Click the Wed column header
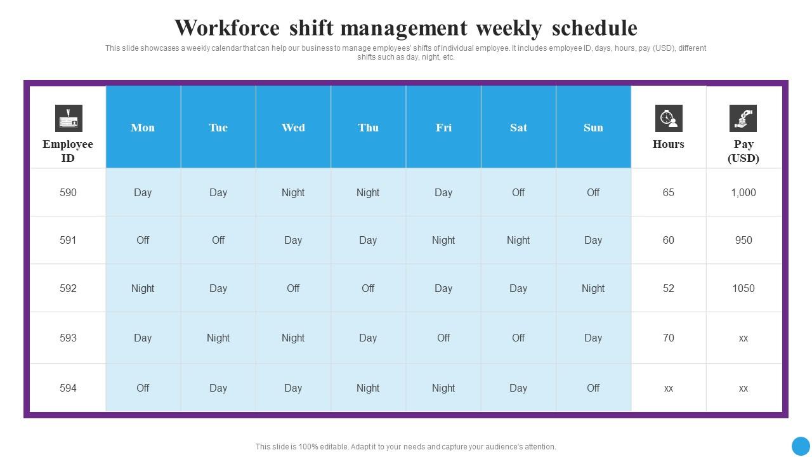293,128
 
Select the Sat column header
518,128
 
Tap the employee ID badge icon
69,119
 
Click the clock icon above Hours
669,119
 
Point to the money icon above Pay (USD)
743,119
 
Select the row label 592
68,288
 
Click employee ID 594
68,388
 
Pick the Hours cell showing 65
669,192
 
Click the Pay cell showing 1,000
743,192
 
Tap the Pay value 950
743,240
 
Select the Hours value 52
669,288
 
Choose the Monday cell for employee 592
143,288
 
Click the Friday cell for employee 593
443,338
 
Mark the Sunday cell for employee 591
593,240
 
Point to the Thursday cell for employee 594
368,388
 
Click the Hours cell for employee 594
669,388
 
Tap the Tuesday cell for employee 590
218,192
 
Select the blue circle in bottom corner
801,446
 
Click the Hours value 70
669,338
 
